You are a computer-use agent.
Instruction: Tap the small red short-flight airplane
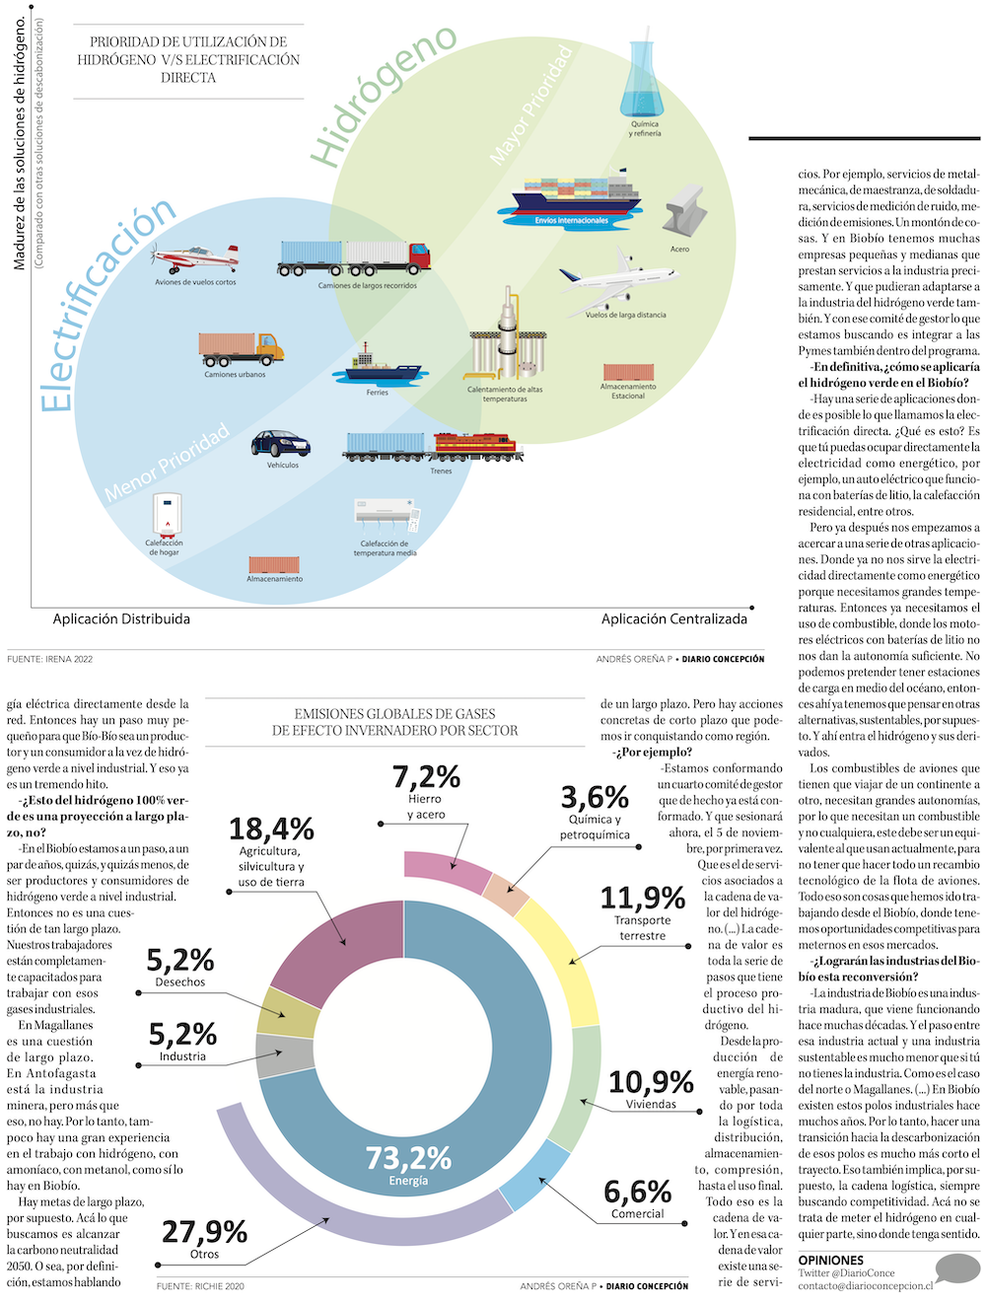pos(195,258)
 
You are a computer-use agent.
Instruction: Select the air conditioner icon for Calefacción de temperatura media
pos(387,513)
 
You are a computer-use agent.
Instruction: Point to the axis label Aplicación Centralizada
pos(674,619)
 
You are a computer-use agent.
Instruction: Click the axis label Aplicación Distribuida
pos(121,619)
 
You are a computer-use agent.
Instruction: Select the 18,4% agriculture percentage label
pos(271,830)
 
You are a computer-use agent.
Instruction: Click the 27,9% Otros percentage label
pos(204,1232)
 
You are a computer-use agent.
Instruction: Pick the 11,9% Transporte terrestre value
pos(643,899)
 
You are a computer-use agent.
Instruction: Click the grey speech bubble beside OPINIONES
pos(956,1268)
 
